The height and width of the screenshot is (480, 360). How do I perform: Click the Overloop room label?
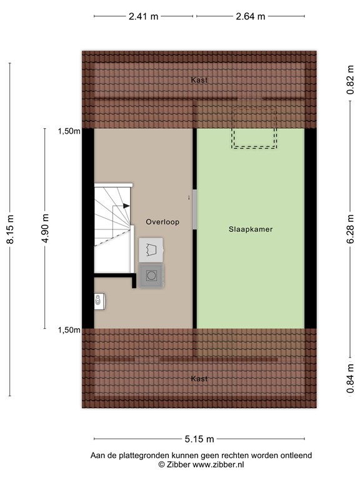(162, 222)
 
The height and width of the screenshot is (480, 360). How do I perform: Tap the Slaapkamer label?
(250, 229)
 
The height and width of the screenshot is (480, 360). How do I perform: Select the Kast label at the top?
(199, 80)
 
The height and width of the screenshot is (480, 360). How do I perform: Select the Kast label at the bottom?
(199, 379)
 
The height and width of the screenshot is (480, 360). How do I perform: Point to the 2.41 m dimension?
(144, 16)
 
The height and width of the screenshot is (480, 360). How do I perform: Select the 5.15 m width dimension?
(199, 439)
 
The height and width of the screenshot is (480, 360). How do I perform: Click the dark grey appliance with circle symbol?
(151, 275)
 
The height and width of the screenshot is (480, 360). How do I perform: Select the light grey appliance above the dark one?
(151, 250)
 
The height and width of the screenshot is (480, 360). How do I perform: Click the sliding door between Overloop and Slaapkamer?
(194, 209)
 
